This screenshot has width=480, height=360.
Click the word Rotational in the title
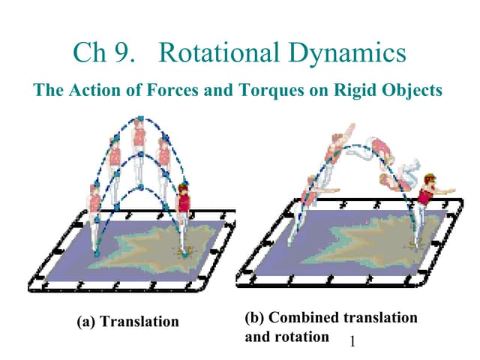[x=219, y=52]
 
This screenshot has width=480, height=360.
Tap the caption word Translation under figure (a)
[x=139, y=322]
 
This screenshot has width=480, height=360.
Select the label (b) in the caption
[x=254, y=317]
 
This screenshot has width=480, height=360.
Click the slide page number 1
[x=352, y=340]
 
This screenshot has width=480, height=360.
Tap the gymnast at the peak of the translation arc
[x=139, y=150]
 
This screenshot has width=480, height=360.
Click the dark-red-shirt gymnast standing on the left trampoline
[x=183, y=217]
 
